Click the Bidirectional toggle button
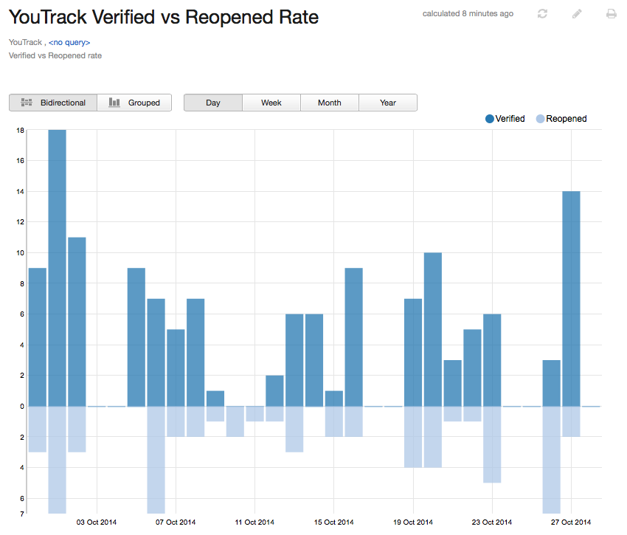pos(53,103)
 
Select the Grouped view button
pos(134,103)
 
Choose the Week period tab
pos(271,103)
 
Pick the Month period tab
pos(329,103)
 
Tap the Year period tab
pos(388,103)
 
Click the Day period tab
pos(213,103)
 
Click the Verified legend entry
pos(505,119)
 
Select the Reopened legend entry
pos(562,119)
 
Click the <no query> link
pos(69,43)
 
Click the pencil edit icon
pos(577,14)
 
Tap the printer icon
pos(611,14)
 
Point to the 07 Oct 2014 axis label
pos(176,522)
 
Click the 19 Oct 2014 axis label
pos(413,522)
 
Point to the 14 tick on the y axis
pos(21,191)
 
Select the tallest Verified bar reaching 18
pos(57,266)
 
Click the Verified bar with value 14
pos(571,295)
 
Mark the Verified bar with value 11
pos(77,321)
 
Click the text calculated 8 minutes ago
pos(468,14)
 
